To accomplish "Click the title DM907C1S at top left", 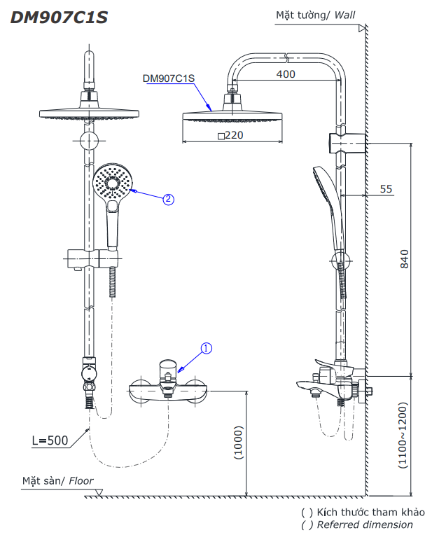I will point(59,18).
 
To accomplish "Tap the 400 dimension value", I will point(286,74).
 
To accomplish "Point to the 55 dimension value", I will point(386,189).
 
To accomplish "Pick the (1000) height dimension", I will point(238,443).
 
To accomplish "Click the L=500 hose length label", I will point(50,440).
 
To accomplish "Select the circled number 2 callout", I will point(168,198).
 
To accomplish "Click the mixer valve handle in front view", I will point(168,370).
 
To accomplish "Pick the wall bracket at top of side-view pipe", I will point(347,141).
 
